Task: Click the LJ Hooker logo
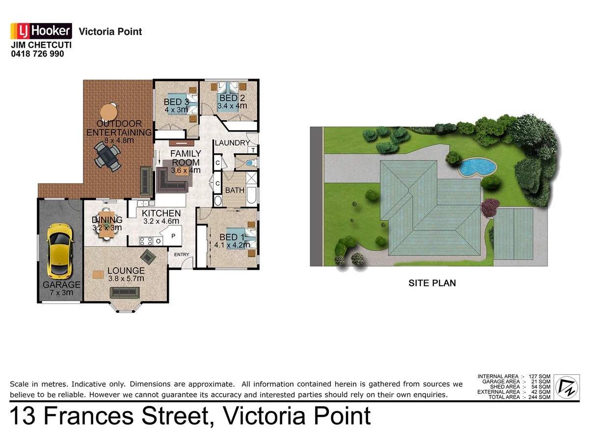tap(41, 31)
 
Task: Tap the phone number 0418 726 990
tap(37, 54)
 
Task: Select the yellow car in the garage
tap(59, 250)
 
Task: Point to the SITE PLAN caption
tap(432, 283)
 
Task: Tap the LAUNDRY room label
tap(232, 143)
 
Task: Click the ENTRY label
tap(181, 254)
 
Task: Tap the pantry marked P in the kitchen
tap(173, 236)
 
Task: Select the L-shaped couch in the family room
tap(172, 180)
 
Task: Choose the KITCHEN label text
tap(161, 213)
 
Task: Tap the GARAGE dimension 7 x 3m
tap(61, 293)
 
